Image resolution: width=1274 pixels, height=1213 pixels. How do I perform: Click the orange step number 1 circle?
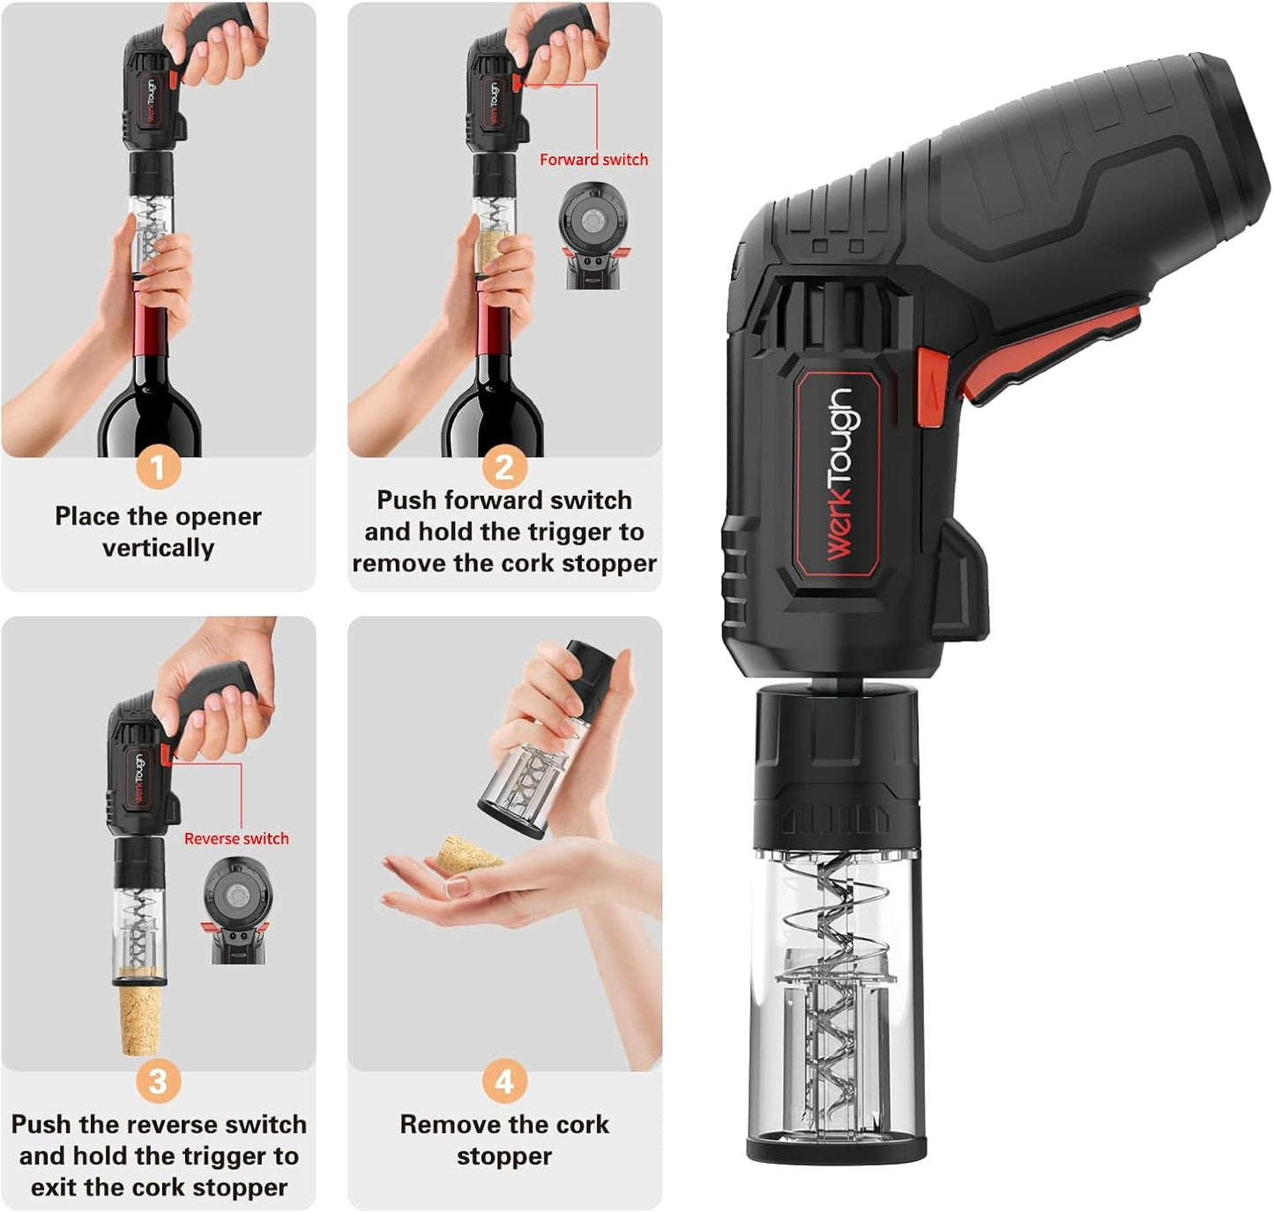158,467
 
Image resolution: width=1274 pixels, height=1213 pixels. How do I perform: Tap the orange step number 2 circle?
504,467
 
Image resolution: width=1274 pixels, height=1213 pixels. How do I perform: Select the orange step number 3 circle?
158,1082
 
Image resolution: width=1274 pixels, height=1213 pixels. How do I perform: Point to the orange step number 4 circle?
504,1082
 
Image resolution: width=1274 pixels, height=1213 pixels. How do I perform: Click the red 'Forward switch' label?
593,160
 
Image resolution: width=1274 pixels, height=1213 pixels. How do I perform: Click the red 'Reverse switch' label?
236,838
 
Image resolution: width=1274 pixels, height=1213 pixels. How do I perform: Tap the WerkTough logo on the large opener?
838,474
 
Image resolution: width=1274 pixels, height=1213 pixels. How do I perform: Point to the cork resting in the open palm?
468,855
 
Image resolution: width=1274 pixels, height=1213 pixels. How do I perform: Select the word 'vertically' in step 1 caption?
158,548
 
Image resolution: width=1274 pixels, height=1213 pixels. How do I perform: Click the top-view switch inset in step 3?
236,911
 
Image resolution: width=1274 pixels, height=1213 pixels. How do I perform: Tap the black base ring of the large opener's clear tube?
836,1148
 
